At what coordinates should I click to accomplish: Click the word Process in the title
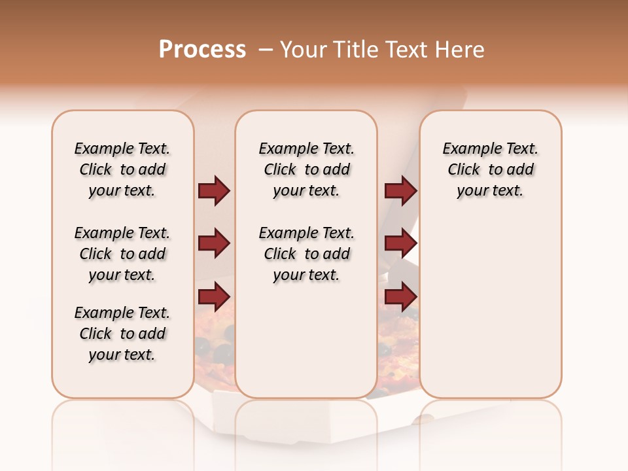[x=202, y=50]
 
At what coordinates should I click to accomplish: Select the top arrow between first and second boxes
[x=214, y=191]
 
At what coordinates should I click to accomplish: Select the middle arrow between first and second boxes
[x=214, y=244]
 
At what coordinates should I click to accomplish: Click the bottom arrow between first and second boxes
[x=214, y=297]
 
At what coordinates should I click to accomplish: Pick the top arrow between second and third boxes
[x=400, y=191]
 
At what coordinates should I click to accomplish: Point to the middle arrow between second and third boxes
[x=400, y=244]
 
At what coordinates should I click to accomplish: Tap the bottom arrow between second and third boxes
[x=400, y=297]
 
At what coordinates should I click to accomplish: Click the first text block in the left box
[x=122, y=169]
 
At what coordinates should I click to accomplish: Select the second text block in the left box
[x=122, y=254]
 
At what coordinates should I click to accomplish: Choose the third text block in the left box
[x=122, y=334]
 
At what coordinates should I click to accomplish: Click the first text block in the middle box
[x=306, y=169]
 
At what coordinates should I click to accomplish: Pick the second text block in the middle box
[x=306, y=254]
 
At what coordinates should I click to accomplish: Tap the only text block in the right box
[x=490, y=169]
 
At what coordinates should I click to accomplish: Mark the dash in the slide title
[x=266, y=50]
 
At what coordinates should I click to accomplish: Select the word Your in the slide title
[x=303, y=50]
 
